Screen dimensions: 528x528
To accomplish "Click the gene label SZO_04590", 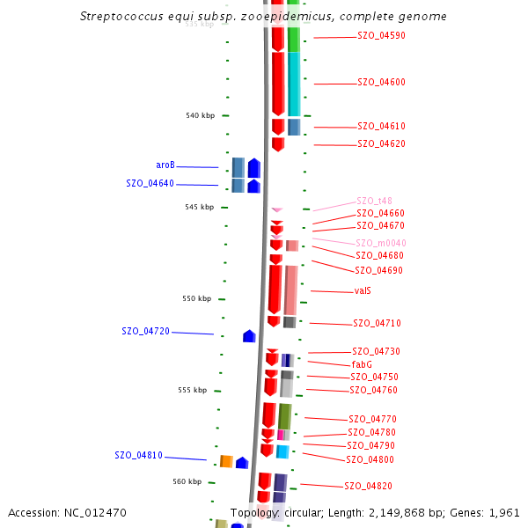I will tap(381, 36).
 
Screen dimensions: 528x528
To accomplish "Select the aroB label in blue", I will tap(165, 165).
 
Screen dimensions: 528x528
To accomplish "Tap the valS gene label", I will tap(363, 291).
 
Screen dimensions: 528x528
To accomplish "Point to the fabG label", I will tap(362, 364).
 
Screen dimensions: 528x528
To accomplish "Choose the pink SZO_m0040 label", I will tap(380, 243).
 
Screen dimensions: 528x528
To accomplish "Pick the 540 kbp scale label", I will tap(200, 115).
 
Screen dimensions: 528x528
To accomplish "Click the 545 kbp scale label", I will tap(200, 207).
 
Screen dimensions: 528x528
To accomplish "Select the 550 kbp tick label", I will tap(196, 298).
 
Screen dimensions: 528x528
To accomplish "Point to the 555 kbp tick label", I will tap(192, 390).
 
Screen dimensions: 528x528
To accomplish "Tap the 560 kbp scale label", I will tap(187, 481).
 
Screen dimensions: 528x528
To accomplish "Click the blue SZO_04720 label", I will tap(145, 331).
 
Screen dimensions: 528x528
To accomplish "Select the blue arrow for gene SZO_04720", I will tap(249, 336).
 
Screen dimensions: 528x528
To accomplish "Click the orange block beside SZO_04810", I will tap(226, 461).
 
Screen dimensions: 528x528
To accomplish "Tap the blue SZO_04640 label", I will tap(150, 183).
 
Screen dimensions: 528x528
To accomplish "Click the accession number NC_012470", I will tap(98, 512).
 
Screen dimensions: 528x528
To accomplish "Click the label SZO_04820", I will tap(368, 486).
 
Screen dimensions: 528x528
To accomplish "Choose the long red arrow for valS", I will tap(275, 290).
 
